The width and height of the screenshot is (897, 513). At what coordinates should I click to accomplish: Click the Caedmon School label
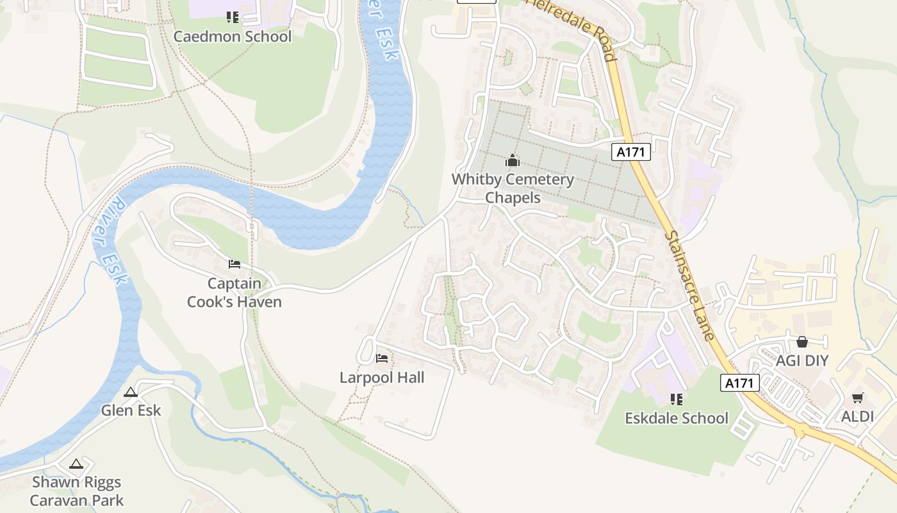coord(232,37)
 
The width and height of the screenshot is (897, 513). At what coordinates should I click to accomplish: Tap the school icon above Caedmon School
coord(232,17)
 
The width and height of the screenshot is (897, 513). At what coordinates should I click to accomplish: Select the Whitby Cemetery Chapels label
coord(513,189)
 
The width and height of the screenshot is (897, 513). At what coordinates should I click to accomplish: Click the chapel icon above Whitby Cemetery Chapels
coord(512,161)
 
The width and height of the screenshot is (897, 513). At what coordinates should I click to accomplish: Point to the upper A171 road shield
coord(631,152)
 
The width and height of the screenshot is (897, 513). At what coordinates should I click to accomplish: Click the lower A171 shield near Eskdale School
coord(740,383)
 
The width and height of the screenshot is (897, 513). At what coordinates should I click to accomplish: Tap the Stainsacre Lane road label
coord(689,286)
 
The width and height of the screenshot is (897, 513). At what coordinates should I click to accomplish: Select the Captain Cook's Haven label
coord(235,292)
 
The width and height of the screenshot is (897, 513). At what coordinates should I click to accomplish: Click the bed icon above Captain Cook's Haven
coord(235,264)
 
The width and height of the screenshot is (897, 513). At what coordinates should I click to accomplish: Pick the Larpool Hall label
coord(382,378)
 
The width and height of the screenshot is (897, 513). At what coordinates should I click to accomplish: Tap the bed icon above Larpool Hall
coord(382,358)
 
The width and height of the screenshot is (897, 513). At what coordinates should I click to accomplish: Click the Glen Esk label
coord(131,410)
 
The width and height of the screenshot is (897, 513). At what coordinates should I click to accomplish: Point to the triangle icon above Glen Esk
coord(131,392)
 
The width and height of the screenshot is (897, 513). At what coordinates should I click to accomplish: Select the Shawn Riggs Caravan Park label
coord(77,491)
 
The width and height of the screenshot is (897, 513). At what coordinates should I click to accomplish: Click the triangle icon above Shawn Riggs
coord(76,464)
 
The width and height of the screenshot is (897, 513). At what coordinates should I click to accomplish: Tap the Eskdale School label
coord(677,418)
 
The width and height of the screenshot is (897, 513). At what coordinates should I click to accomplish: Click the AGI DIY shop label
coord(802,360)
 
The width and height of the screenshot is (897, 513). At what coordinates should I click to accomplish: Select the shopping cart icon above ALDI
coord(858,398)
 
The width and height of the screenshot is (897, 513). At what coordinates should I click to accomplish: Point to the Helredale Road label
coord(574,29)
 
